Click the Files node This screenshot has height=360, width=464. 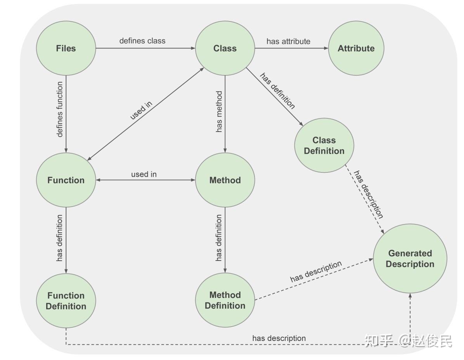pyautogui.click(x=66, y=49)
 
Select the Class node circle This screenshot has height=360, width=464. pyautogui.click(x=225, y=49)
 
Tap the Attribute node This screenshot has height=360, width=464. pyautogui.click(x=356, y=49)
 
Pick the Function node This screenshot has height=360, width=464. pyautogui.click(x=66, y=180)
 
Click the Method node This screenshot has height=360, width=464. pyautogui.click(x=225, y=180)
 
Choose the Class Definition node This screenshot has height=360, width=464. pyautogui.click(x=324, y=146)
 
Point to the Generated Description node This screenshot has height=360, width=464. pyautogui.click(x=410, y=259)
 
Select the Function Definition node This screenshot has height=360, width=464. pyautogui.click(x=66, y=301)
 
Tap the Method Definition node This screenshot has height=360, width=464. pyautogui.click(x=225, y=300)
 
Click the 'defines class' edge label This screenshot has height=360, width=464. pyautogui.click(x=142, y=41)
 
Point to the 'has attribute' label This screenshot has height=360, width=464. pyautogui.click(x=288, y=41)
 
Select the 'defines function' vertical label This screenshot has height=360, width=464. pyautogui.click(x=60, y=109)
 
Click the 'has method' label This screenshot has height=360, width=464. pyautogui.click(x=219, y=111)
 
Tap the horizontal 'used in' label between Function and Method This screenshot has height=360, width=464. pyautogui.click(x=144, y=174)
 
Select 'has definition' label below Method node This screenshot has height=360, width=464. pyautogui.click(x=219, y=238)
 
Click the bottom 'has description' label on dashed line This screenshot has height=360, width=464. pyautogui.click(x=279, y=338)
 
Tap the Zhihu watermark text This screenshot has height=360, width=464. pyautogui.click(x=408, y=341)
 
